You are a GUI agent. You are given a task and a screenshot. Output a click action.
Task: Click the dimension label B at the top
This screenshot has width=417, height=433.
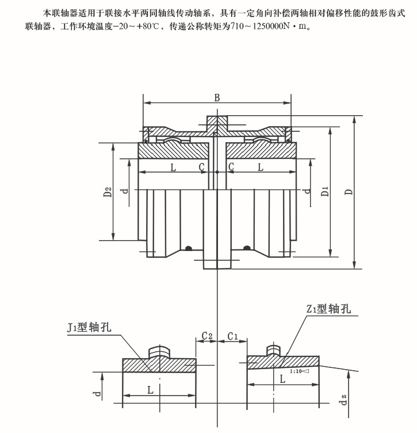pos(217,98)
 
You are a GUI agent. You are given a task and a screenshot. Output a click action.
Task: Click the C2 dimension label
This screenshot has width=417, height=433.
pos(207,335)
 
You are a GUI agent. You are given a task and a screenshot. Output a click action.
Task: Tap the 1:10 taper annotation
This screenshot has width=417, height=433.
pos(300,371)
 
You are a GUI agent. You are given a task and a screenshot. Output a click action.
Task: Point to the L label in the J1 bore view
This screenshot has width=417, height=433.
pos(150,390)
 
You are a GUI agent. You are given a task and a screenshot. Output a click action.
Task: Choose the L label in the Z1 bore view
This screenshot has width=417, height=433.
pos(282,379)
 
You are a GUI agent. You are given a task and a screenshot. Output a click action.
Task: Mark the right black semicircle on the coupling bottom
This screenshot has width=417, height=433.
pos(247,248)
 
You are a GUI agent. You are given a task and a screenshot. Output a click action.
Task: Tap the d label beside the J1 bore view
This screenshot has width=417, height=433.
pos(98,394)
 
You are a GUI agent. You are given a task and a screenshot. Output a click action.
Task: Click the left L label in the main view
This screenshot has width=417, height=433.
pos(173,167)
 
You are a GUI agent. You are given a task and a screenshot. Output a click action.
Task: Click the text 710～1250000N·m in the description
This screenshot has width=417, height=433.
pos(265,26)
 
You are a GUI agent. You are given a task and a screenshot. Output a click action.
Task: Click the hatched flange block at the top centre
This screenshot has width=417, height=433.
pos(217,122)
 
